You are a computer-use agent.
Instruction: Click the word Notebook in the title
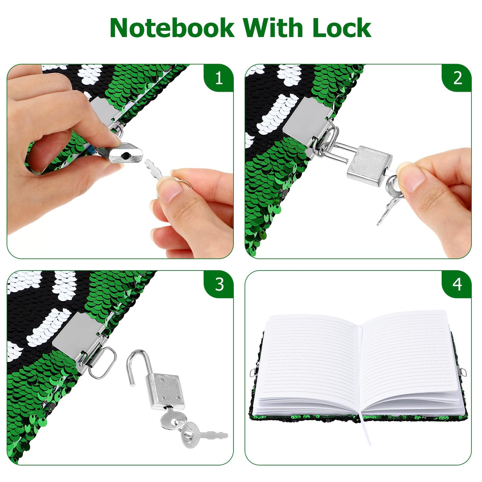[x=172, y=28]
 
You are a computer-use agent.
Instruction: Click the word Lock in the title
[x=342, y=28]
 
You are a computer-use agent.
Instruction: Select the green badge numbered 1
[x=219, y=78]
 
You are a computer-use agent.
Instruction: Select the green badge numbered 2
[x=457, y=78]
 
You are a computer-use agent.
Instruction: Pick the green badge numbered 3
[x=219, y=284]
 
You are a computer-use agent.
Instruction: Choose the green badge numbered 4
[x=457, y=284]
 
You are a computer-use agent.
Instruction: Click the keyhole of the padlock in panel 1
[x=126, y=155]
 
